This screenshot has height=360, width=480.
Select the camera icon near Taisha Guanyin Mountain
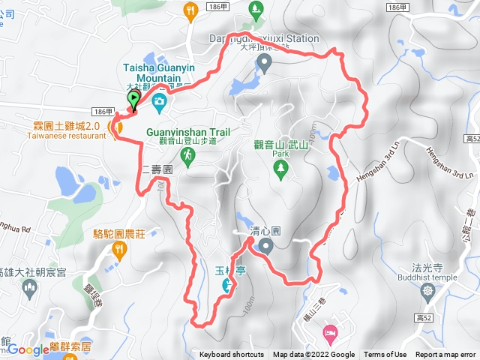pos(159,101)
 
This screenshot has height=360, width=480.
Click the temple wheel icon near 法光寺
pos(427,290)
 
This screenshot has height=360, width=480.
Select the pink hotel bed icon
pos(328,331)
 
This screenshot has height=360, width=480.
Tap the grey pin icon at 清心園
pos(264,247)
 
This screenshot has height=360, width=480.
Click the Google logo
pos(28,349)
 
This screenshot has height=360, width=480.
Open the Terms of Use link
pos(385,355)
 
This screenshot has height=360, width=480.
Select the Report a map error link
pos(445,355)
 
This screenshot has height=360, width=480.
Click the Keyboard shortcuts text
pos(232,355)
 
